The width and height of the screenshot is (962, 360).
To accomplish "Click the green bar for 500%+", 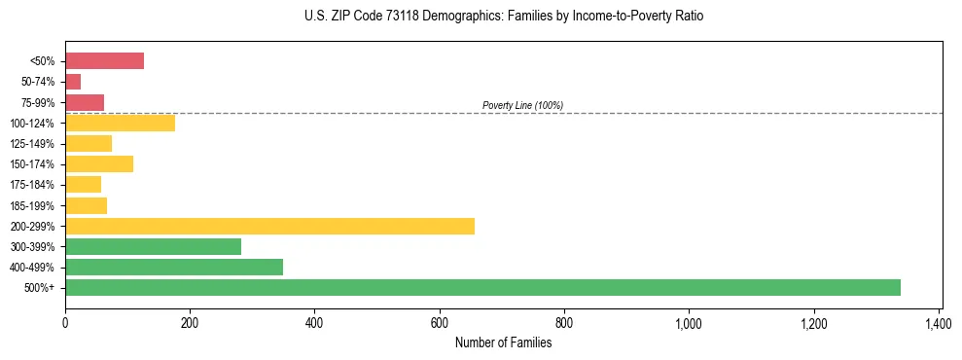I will coord(482,287).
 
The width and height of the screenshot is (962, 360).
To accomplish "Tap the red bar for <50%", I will coord(104,61).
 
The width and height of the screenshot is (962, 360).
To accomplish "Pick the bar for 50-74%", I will coord(73,82).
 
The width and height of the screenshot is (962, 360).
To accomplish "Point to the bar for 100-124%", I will coord(120,123).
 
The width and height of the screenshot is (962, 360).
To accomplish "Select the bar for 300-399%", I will coord(153,246).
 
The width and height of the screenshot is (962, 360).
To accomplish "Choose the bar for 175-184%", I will coord(83,185).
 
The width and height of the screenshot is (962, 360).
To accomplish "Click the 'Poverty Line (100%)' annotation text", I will coord(522,105).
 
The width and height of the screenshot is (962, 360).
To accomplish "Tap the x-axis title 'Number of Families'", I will coord(503,342).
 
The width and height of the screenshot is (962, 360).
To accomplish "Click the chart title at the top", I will coord(503,17).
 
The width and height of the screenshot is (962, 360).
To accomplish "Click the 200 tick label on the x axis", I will coord(190,322).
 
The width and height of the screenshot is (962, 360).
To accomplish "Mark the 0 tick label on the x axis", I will coord(65,322).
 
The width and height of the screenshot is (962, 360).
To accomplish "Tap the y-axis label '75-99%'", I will coord(40,102).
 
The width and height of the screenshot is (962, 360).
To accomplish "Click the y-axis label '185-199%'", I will coord(37,205).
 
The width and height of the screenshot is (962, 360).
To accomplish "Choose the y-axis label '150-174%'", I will coord(37,164).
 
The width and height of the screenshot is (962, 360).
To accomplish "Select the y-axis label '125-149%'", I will coord(37,144).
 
